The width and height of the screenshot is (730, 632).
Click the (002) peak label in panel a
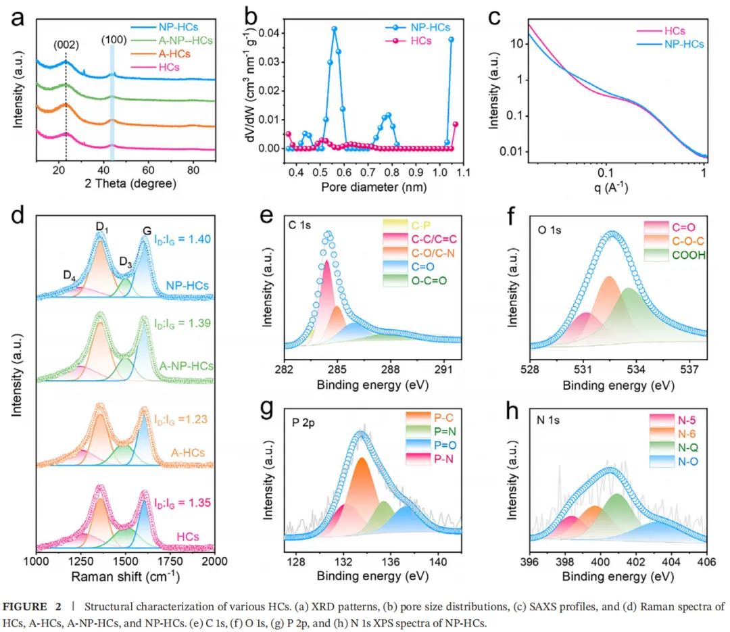click(66, 46)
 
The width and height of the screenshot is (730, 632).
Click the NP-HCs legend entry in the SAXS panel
click(683, 45)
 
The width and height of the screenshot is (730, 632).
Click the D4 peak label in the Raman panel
click(70, 276)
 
